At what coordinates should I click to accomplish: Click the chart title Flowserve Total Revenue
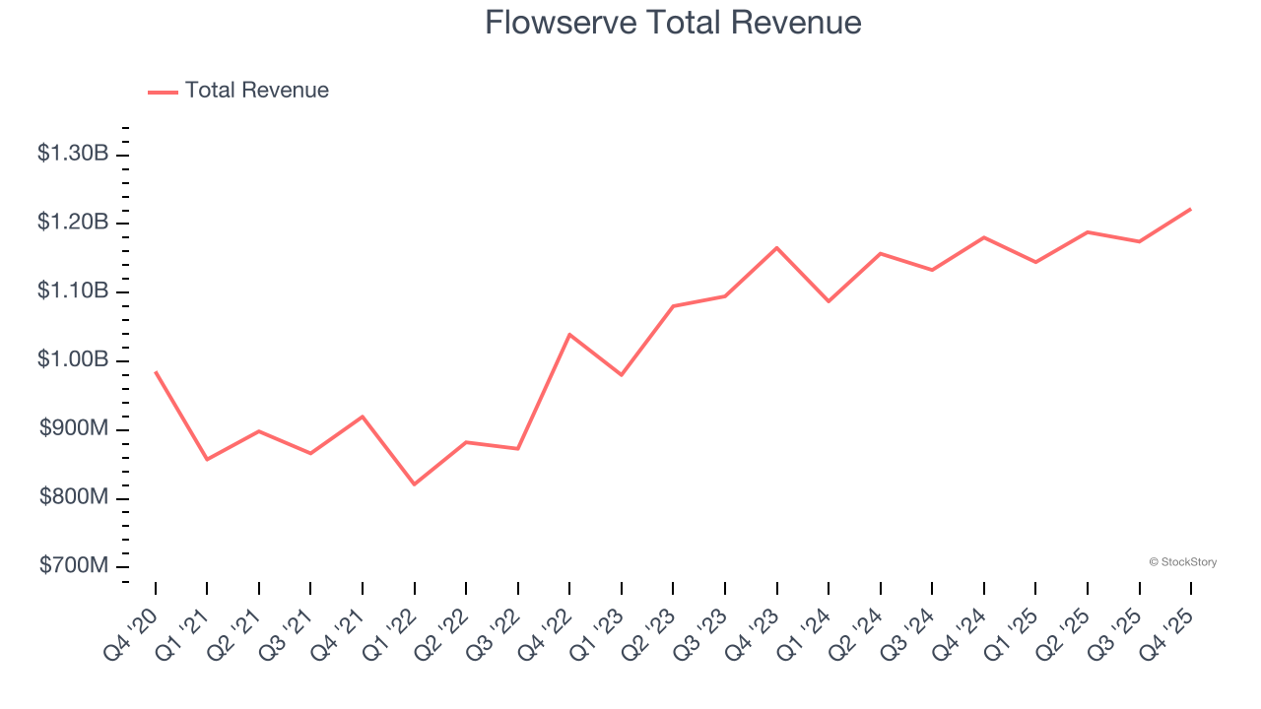click(673, 23)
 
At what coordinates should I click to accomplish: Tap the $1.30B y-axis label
click(73, 154)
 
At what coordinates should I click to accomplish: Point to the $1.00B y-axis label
click(73, 360)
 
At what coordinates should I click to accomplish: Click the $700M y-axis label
click(74, 566)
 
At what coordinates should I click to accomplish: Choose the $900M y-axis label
click(74, 429)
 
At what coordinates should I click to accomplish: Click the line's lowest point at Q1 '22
click(415, 484)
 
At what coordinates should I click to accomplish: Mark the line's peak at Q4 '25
click(1191, 209)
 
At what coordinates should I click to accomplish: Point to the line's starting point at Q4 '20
click(156, 371)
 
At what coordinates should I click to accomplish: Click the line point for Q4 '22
click(569, 334)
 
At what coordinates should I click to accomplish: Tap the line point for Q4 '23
click(776, 247)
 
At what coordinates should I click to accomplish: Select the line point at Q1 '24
click(829, 301)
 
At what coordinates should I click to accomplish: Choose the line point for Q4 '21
click(363, 417)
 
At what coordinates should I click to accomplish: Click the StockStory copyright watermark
click(1182, 562)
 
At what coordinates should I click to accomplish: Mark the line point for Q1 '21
click(207, 460)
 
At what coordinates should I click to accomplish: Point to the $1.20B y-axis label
click(73, 223)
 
